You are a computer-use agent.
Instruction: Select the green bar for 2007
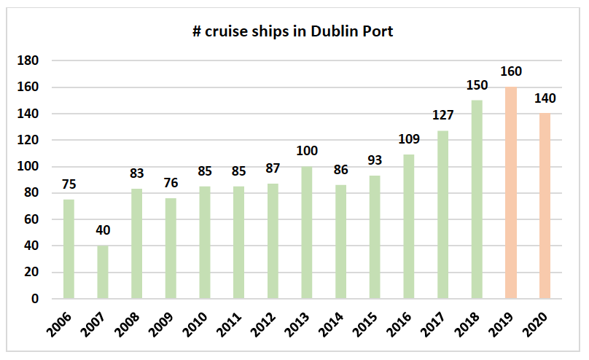pos(103,272)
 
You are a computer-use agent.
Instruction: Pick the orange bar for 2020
pos(545,206)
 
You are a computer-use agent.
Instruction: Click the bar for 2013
pos(306,232)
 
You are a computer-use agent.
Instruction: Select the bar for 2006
pos(69,249)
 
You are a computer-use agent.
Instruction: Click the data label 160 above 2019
pos(511,72)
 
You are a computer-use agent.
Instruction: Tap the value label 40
pos(103,231)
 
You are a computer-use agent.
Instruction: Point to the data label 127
pos(442,116)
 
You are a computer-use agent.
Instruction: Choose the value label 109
pos(409,139)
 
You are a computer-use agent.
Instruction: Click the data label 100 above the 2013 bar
pos(306,152)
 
